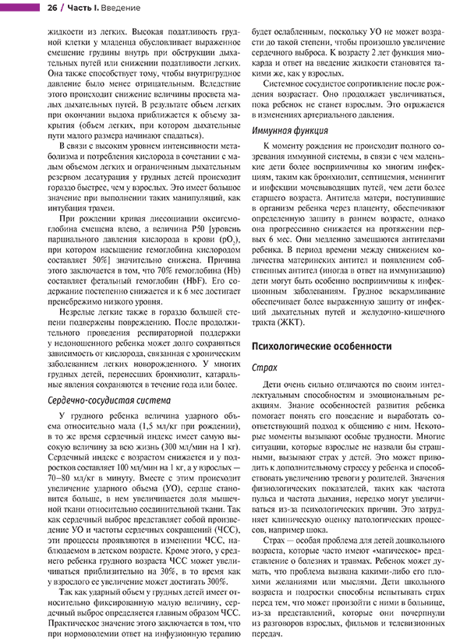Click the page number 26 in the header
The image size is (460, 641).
click(52, 8)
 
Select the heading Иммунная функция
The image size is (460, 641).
click(290, 131)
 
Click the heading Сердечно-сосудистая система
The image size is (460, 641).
click(109, 400)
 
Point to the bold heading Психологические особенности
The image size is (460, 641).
click(322, 347)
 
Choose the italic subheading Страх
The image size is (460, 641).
click(264, 368)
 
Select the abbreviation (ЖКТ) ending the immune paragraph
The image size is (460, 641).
click(290, 322)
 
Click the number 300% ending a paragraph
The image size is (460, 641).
click(216, 582)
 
